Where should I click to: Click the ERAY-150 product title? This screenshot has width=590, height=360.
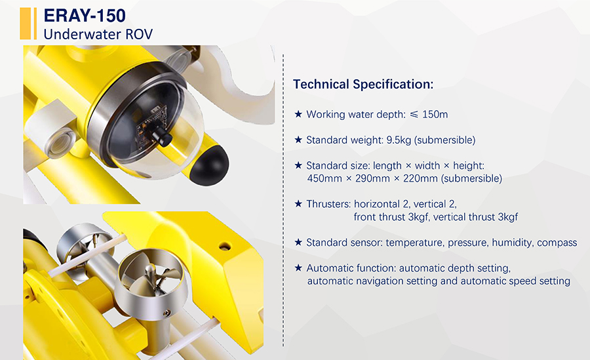point(85,16)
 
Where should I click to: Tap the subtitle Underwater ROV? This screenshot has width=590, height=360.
point(98,34)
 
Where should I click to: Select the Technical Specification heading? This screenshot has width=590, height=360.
point(363,84)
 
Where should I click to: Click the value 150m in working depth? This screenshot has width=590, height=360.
point(435,115)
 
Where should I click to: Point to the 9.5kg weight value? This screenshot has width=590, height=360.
point(399,140)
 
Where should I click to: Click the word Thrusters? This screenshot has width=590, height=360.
point(328,204)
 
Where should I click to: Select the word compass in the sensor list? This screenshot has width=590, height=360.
point(557,243)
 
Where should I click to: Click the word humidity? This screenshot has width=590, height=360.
point(513,243)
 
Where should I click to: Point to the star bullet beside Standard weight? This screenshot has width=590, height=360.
point(298,140)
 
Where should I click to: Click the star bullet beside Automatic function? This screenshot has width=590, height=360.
point(298,268)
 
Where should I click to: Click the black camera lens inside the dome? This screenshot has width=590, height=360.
point(162,136)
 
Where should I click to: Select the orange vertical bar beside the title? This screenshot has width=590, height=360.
point(26,24)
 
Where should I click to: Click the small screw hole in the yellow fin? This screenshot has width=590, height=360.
point(225,247)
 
